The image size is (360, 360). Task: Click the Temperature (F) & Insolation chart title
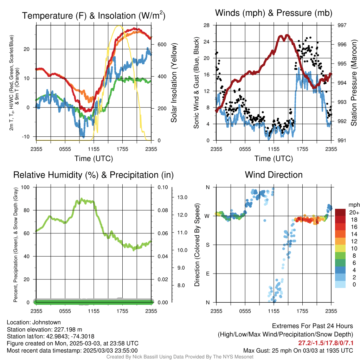click(x=94, y=15)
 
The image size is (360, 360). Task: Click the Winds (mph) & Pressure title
click(x=274, y=13)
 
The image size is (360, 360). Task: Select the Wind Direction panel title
click(x=274, y=175)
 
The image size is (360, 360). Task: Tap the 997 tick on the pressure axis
click(x=342, y=25)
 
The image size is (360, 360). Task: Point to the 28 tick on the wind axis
click(x=206, y=25)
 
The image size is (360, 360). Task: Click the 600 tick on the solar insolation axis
click(x=162, y=44)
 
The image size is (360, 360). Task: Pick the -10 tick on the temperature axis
click(x=26, y=137)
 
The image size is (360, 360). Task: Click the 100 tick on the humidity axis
click(x=25, y=187)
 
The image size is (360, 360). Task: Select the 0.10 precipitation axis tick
click(x=163, y=187)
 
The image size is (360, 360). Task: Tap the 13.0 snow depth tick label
click(x=182, y=197)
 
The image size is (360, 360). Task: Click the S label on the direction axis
click(x=207, y=245)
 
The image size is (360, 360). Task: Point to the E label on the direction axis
click(x=207, y=274)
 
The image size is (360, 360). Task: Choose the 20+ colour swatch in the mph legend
click(x=340, y=212)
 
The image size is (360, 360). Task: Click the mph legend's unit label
click(x=354, y=205)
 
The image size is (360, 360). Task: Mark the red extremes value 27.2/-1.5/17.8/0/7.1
click(x=326, y=343)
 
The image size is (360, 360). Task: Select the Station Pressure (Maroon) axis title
click(x=354, y=83)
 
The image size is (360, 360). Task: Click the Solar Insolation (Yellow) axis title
click(x=174, y=83)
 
